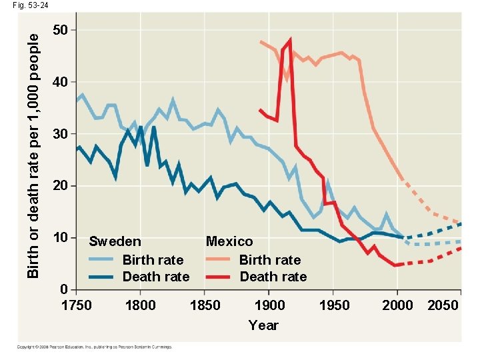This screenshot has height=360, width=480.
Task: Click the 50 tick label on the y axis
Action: point(60,31)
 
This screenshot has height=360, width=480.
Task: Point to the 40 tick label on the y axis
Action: point(60,83)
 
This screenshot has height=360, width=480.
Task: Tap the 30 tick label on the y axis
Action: point(60,134)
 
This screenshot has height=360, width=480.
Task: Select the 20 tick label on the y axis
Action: point(60,185)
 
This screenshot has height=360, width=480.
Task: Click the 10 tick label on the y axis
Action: point(60,237)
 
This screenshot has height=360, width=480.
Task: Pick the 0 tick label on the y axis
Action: point(64,289)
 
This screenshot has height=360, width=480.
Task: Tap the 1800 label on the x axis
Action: point(140,305)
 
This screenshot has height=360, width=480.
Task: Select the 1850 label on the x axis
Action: point(205,305)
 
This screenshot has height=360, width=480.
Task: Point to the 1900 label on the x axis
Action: point(269,305)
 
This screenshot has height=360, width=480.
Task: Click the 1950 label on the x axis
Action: point(334,305)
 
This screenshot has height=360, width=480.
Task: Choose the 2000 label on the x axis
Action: point(398,305)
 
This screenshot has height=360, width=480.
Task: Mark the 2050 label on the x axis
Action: point(443,305)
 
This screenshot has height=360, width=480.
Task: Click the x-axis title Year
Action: point(263,325)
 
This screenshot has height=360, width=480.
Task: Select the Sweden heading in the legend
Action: point(115,241)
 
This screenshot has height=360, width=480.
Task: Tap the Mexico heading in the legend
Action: point(229,241)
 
